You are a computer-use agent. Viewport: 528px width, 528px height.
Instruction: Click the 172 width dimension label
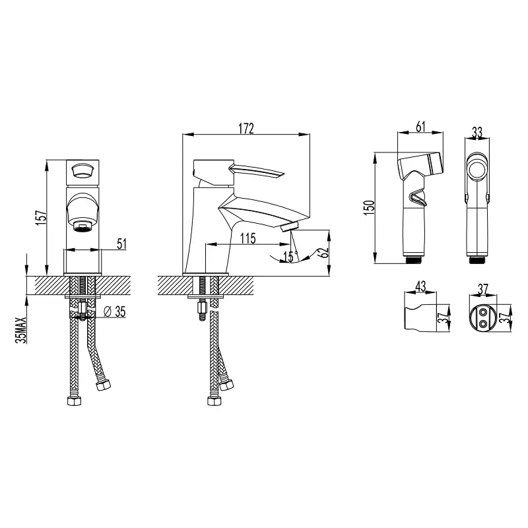[246, 128]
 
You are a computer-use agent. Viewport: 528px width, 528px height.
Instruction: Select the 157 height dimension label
[42, 218]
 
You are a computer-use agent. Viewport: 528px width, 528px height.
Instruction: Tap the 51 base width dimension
[121, 244]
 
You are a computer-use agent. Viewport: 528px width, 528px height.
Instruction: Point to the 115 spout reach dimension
[248, 238]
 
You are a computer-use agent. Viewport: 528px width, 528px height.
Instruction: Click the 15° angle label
[290, 257]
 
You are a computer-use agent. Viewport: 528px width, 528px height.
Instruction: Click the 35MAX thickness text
[22, 330]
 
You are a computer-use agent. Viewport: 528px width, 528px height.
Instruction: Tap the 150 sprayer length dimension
[369, 208]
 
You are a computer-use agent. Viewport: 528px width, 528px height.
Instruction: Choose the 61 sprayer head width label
[420, 127]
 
